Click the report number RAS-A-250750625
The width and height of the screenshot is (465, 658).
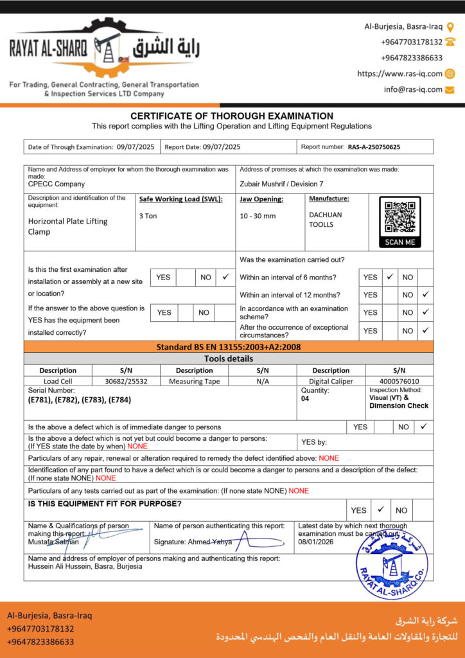click(374, 147)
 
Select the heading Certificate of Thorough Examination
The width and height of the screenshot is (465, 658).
click(232, 116)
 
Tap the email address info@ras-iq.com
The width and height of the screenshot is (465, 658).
click(413, 89)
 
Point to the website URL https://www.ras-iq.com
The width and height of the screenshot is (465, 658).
click(399, 73)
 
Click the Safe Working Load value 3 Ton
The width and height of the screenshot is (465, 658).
click(148, 216)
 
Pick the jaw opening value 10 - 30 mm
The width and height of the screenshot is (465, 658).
click(258, 216)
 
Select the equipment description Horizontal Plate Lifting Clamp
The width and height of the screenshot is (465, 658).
click(67, 226)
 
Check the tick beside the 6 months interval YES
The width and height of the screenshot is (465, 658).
click(389, 277)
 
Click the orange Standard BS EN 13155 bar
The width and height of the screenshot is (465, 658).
click(229, 347)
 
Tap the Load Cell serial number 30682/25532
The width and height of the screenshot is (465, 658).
click(126, 381)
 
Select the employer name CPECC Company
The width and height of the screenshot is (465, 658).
click(57, 184)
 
